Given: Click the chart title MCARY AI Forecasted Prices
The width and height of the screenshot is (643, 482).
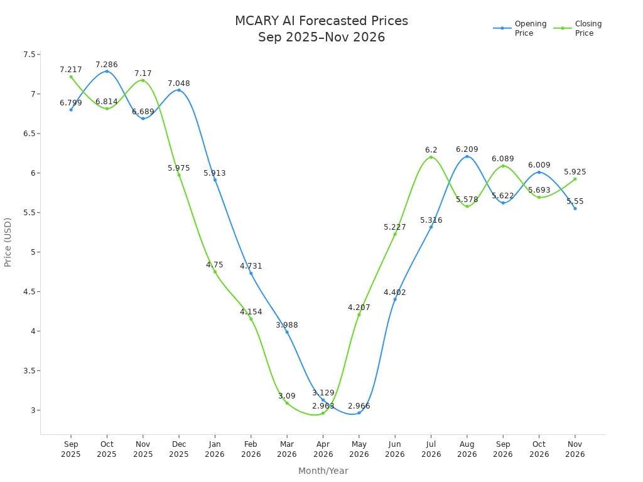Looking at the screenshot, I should coord(321,21).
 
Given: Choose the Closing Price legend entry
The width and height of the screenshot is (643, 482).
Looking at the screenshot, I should coord(581,28).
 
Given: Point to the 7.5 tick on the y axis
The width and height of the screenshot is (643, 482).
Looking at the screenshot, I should coord(29,55).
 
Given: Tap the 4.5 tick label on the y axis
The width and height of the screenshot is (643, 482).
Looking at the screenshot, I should coord(29,292).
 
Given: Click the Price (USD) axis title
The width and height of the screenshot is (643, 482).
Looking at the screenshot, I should coord(8,242).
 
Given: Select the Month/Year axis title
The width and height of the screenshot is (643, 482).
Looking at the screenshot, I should coord(323,471).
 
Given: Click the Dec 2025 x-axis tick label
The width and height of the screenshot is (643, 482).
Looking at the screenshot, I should coord(178,449).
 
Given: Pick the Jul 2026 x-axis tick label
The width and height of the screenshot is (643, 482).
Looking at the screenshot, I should coord(431,449).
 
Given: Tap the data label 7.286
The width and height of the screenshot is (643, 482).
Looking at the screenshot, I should coord(107,65).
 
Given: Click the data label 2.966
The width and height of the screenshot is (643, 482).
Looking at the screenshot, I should coord(359,406).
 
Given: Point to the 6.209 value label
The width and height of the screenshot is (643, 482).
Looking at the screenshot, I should coord(467,149).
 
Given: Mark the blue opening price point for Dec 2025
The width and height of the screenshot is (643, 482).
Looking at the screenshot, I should coord(179,90).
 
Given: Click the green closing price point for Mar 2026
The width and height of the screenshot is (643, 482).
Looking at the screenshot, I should coord(287,403).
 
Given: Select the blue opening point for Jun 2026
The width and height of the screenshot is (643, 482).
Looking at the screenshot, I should coord(395,299).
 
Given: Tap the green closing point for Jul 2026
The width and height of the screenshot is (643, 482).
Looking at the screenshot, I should coord(431,157).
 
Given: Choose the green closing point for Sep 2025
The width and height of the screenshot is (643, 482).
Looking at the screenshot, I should coord(71,77).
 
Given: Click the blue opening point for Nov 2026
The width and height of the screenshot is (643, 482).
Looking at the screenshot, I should coord(575,208).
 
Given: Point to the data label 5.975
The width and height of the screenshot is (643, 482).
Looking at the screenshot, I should coord(178,168).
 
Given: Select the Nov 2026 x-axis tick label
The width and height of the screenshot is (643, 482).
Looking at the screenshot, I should coord(575,449).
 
